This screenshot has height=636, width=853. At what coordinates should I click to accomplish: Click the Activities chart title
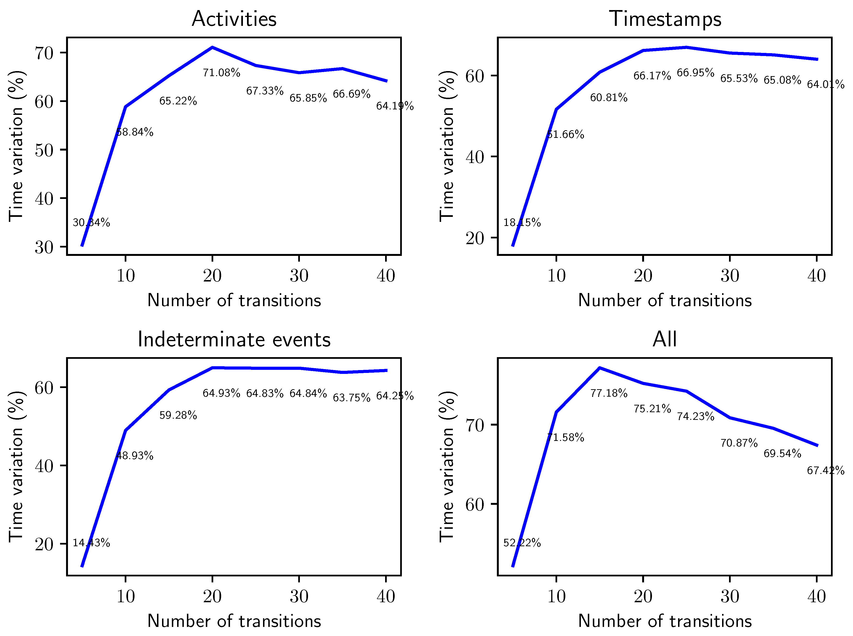[x=234, y=19]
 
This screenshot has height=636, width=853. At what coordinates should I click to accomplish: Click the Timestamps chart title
[x=665, y=19]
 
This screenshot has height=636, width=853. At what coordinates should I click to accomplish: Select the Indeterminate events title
[x=234, y=340]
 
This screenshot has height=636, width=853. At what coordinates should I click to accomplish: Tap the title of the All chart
[x=665, y=340]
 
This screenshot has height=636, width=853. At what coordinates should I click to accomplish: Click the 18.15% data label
[x=522, y=223]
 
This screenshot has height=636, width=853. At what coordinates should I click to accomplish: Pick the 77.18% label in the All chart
[x=609, y=393]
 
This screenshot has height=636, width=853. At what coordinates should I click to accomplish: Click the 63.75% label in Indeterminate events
[x=351, y=397]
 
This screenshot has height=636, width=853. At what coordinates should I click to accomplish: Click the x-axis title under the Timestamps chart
[x=665, y=300]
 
